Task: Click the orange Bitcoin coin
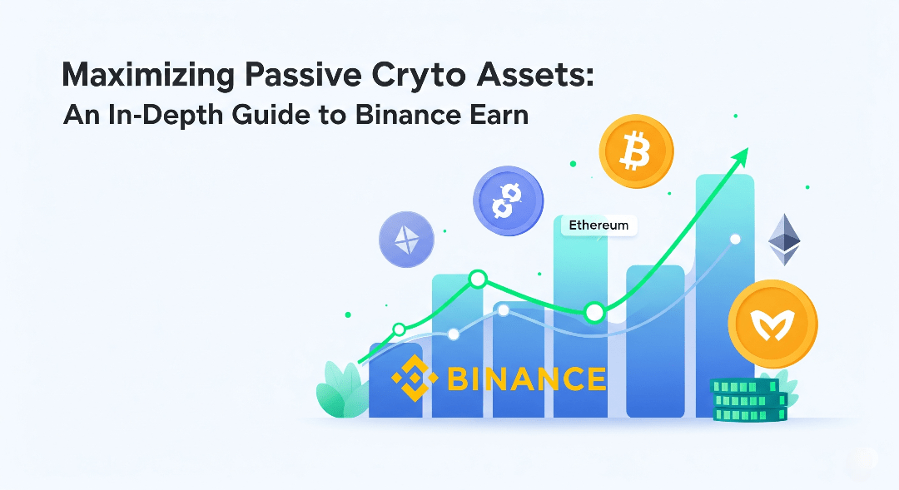click(x=636, y=151)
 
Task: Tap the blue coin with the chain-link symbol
click(x=508, y=201)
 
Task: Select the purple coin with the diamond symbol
click(x=406, y=240)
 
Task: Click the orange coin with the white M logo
click(x=772, y=324)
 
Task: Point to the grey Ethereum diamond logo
click(x=784, y=240)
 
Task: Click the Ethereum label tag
click(x=599, y=225)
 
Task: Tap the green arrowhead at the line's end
click(x=741, y=156)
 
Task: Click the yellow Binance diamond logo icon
click(x=415, y=378)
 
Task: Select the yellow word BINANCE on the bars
click(x=526, y=379)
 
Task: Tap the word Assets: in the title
click(x=535, y=75)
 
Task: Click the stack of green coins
click(x=749, y=400)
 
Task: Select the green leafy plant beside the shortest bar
click(x=343, y=389)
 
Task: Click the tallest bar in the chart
click(x=725, y=295)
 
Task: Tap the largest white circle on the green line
click(x=594, y=312)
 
